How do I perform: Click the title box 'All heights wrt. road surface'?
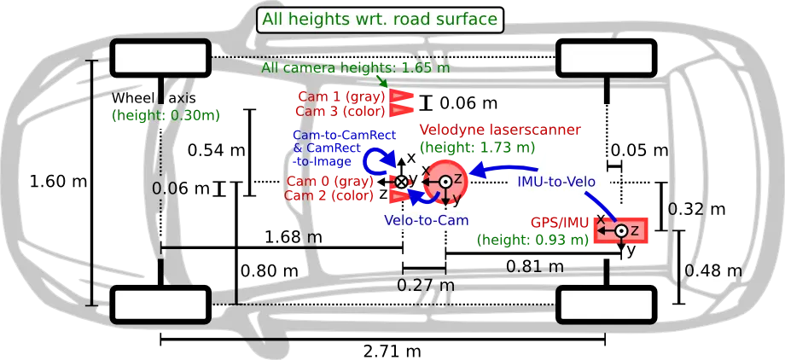click(x=380, y=19)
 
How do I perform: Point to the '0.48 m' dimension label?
click(x=714, y=271)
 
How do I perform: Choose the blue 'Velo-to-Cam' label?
click(x=427, y=220)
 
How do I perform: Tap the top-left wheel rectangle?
click(x=161, y=58)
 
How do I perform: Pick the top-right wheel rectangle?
click(x=602, y=59)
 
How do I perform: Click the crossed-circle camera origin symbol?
click(x=401, y=182)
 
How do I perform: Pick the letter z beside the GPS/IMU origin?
click(x=635, y=229)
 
